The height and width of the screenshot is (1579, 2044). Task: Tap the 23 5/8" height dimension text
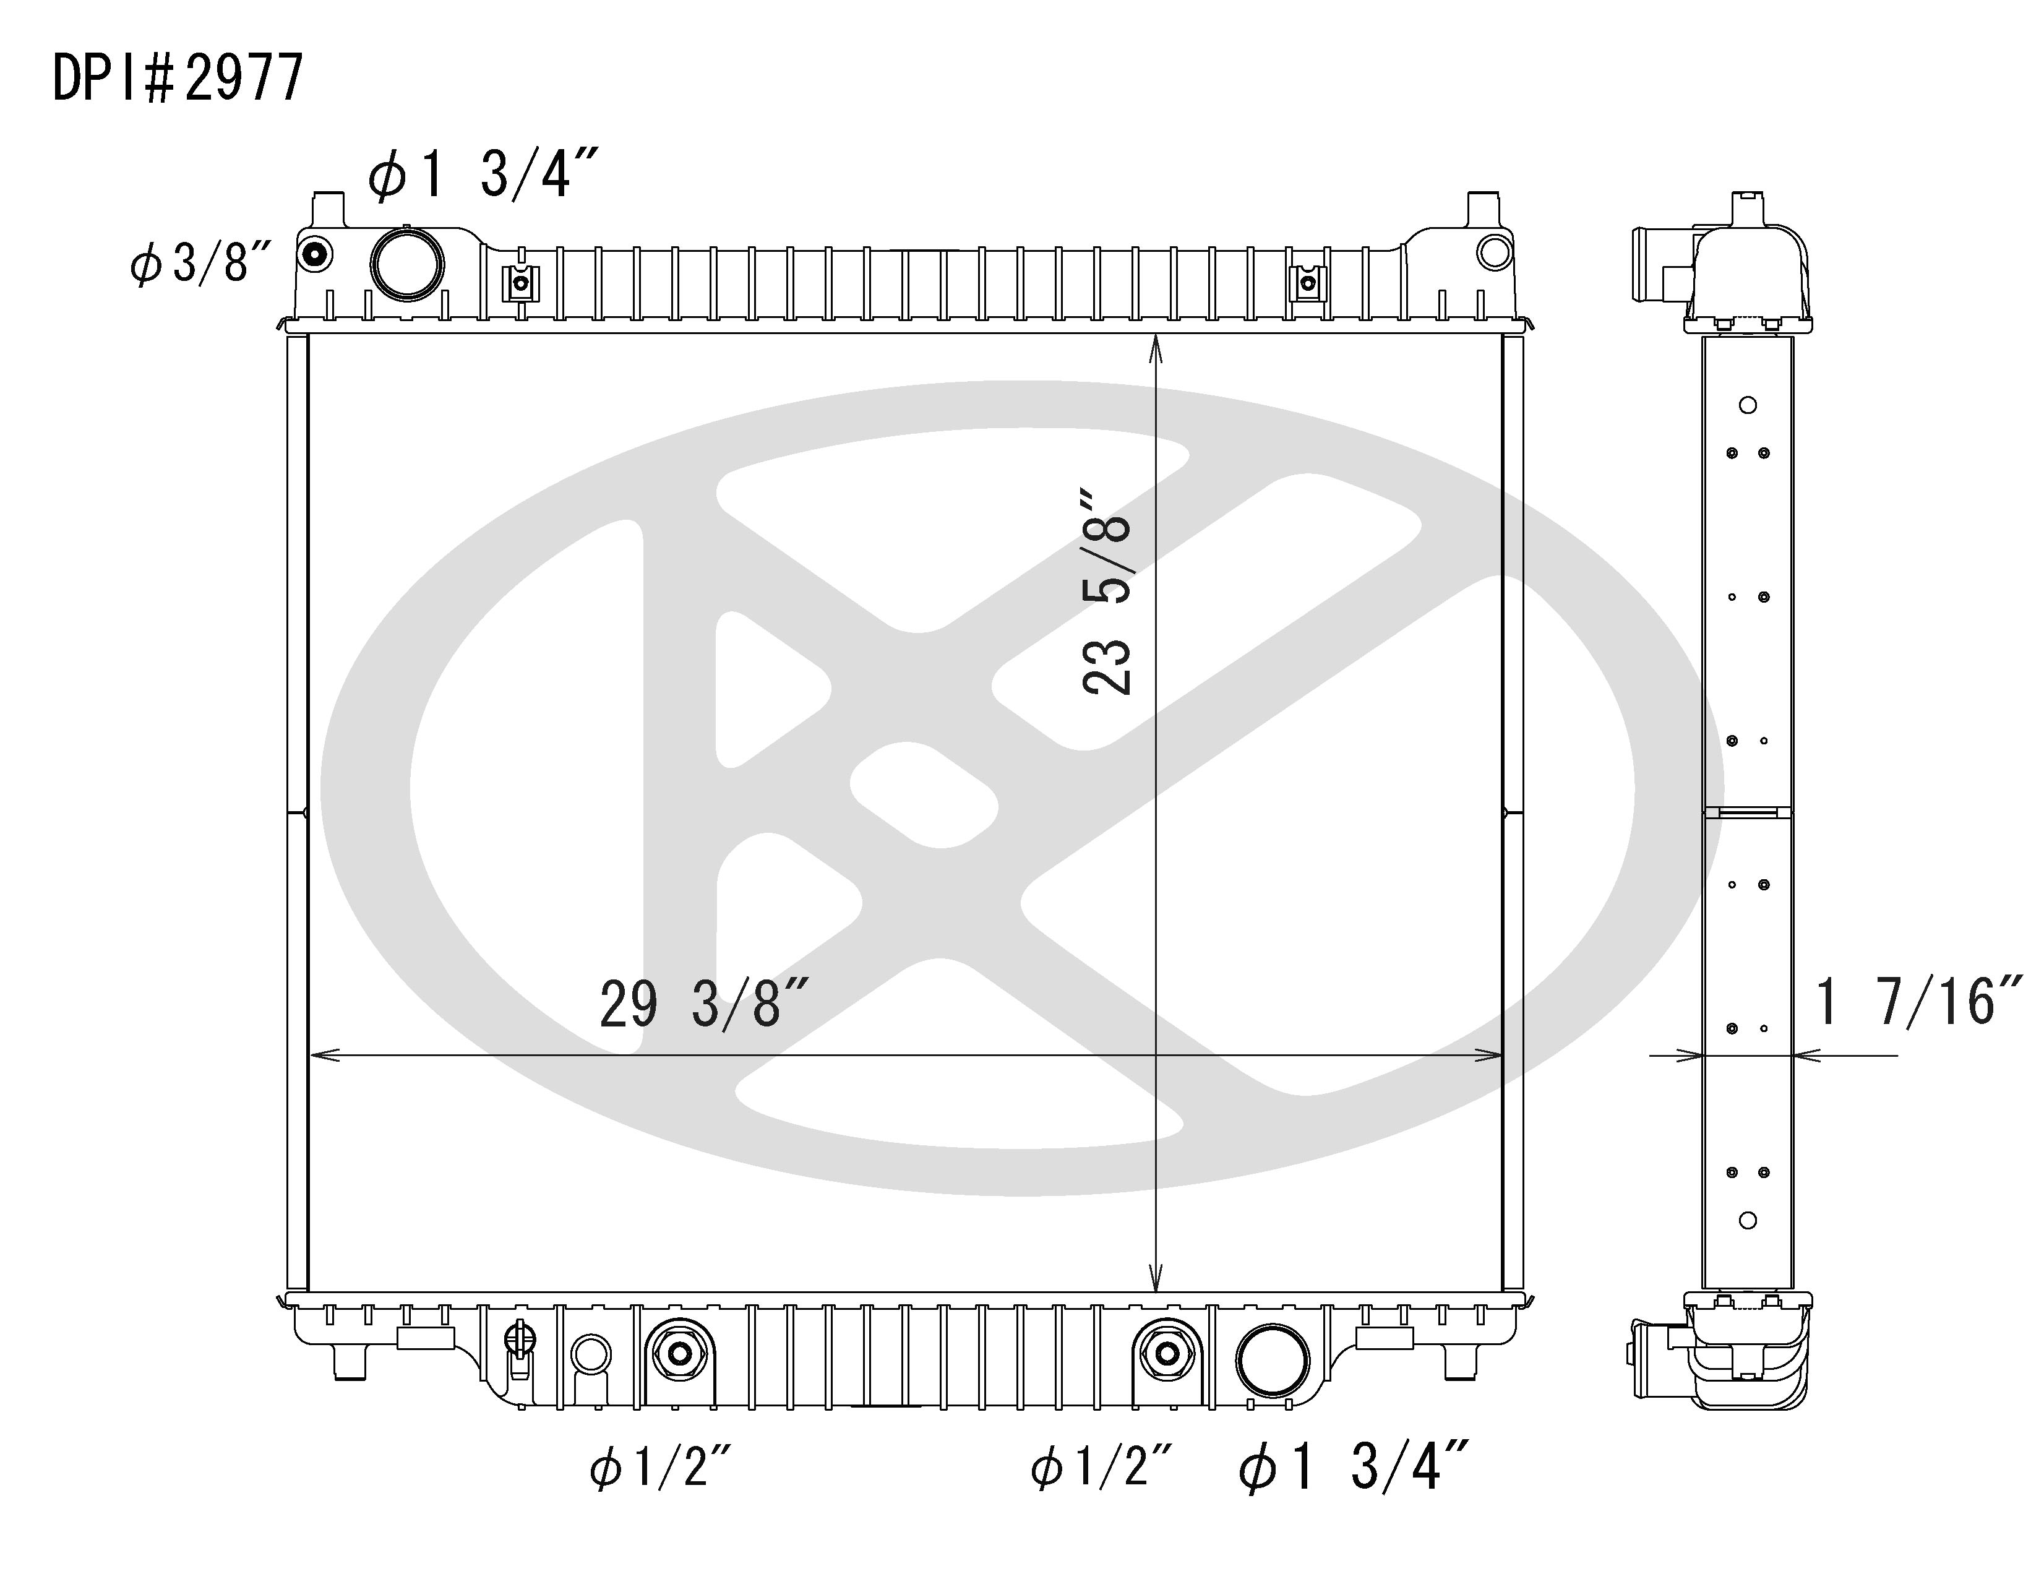(1107, 591)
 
